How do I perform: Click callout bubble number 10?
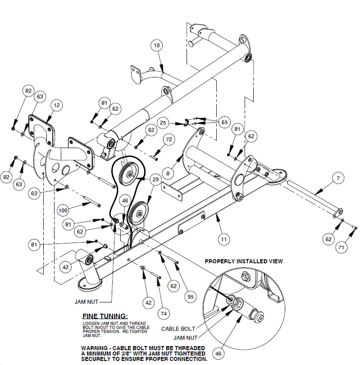[x=156, y=45]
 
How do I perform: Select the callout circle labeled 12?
[x=56, y=105]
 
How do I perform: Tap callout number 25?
[x=164, y=122]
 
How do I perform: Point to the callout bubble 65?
[x=224, y=122]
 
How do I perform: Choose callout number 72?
[x=168, y=140]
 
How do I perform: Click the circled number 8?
[x=169, y=172]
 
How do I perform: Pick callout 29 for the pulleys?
[x=155, y=180]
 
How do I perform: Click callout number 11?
[x=223, y=239]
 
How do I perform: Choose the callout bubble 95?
[x=191, y=297]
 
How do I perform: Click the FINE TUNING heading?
[x=105, y=316]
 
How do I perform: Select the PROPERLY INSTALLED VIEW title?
[x=244, y=261]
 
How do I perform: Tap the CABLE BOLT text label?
[x=178, y=329]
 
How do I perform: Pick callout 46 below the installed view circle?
[x=219, y=353]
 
